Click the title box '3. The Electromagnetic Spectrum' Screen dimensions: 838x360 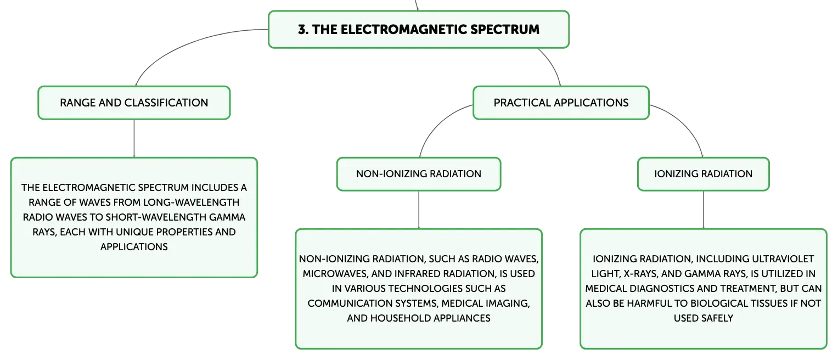tap(419, 30)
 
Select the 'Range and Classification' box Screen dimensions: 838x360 tap(134, 103)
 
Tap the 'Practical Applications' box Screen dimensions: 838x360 tap(561, 103)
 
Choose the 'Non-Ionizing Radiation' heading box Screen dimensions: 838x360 tap(419, 174)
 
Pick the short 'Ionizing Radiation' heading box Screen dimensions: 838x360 tap(704, 174)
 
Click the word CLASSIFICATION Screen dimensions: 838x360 tap(166, 103)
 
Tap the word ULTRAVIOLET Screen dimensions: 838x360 tap(783, 259)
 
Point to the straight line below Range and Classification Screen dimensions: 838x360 tap(134, 138)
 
